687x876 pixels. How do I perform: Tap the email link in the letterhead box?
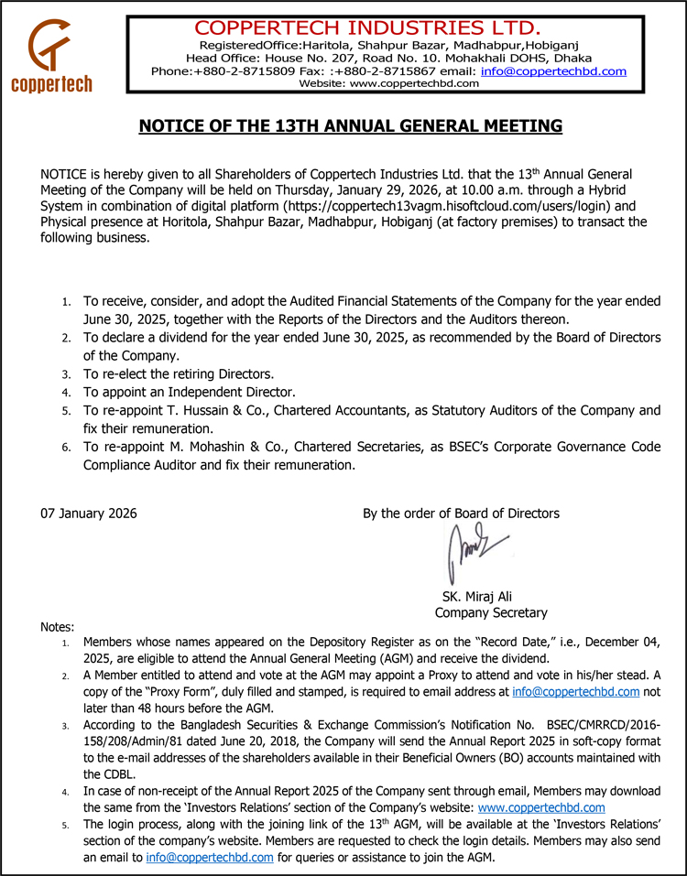click(x=553, y=70)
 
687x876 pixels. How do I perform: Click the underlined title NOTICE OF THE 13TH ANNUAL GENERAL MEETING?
click(x=350, y=125)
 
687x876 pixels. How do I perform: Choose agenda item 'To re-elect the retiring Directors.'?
click(x=179, y=374)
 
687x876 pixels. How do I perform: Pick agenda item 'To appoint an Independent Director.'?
click(x=190, y=392)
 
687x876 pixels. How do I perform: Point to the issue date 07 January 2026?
click(x=89, y=514)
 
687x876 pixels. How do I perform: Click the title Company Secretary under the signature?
click(x=491, y=612)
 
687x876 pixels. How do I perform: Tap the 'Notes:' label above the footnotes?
click(x=58, y=627)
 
